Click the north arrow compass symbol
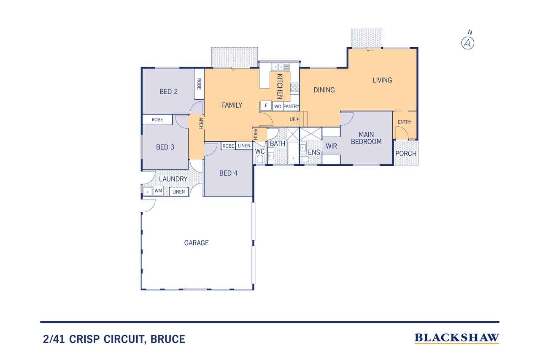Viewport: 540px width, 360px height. click(x=468, y=43)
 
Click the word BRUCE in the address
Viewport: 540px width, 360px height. click(x=168, y=339)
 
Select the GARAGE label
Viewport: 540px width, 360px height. click(x=197, y=243)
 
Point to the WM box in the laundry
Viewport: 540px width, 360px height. click(x=158, y=191)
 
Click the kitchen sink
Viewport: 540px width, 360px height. click(x=281, y=67)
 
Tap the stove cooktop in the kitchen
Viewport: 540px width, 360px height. click(x=295, y=87)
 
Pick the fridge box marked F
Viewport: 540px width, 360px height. click(x=266, y=106)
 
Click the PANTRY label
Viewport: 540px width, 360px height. click(x=291, y=106)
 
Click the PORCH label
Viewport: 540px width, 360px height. click(x=406, y=153)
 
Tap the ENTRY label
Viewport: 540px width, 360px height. click(x=405, y=122)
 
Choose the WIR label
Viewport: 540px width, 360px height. click(x=331, y=146)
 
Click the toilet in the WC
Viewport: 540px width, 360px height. click(x=259, y=160)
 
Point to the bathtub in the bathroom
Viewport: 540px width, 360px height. click(x=293, y=152)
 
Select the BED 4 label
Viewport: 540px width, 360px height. click(x=228, y=173)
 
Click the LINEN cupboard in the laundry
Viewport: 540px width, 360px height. click(x=178, y=192)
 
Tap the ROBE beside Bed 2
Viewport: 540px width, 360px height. click(x=200, y=84)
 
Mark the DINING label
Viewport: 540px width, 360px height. click(x=324, y=90)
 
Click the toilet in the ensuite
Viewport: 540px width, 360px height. click(x=305, y=160)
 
